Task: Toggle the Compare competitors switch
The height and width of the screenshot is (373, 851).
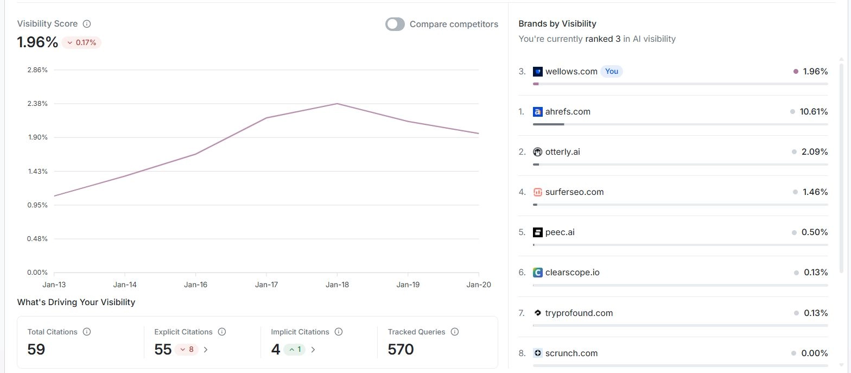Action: point(395,24)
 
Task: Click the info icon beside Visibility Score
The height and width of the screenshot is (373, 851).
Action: point(87,24)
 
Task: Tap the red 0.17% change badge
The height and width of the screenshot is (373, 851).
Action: point(81,42)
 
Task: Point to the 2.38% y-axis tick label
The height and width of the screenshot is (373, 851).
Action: point(37,104)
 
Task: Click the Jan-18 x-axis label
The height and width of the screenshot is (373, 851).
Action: point(337,285)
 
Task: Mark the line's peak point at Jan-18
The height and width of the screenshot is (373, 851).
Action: point(337,104)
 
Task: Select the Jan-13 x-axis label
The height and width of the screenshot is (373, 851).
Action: point(54,285)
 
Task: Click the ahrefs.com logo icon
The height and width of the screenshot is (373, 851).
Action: point(538,112)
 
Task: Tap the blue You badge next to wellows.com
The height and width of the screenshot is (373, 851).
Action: point(612,72)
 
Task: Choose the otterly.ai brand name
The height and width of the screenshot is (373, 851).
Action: point(562,152)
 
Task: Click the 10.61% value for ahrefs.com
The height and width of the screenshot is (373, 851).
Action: point(814,112)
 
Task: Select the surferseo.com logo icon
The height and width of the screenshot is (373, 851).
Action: point(538,192)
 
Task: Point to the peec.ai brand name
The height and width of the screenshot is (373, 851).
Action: point(560,232)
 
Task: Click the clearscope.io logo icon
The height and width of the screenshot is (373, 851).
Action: point(538,273)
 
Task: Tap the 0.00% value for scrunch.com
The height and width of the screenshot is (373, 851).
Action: point(815,353)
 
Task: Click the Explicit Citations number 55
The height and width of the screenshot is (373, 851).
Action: point(163,350)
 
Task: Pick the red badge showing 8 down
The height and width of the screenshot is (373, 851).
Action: point(187,350)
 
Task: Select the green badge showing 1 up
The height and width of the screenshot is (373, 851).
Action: point(295,350)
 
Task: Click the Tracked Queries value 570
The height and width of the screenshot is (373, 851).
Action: point(401,350)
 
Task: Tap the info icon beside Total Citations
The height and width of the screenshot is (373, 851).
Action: point(87,332)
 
